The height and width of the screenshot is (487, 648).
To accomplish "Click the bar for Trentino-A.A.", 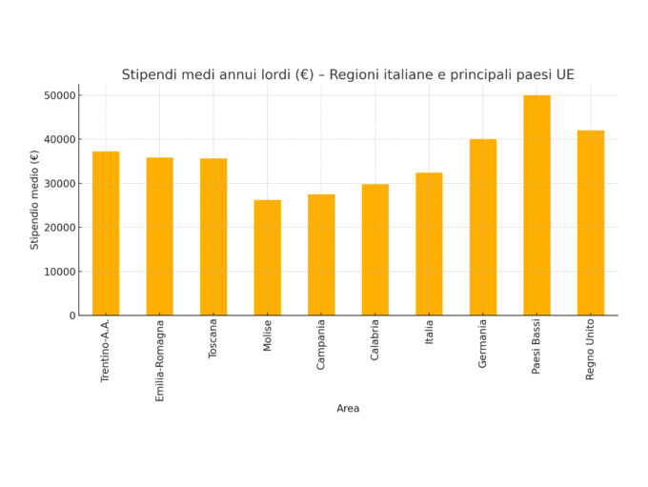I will click(106, 233).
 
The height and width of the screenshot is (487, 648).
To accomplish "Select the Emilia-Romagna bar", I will click(159, 236).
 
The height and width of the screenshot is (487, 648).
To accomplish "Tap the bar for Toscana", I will click(213, 237).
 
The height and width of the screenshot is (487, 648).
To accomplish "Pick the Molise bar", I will click(267, 257).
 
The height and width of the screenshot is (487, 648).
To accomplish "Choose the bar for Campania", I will click(321, 254).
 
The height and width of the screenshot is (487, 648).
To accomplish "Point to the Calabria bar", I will click(375, 250).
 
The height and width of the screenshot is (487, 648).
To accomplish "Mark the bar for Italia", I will click(429, 244).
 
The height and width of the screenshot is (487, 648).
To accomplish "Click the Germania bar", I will click(482, 227).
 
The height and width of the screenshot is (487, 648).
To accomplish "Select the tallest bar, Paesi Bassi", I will click(537, 205).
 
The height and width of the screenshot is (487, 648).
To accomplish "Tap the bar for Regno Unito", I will click(590, 223).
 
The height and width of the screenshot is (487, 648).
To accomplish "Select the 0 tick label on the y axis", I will click(71, 315).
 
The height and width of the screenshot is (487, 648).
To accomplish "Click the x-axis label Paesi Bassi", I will click(537, 347).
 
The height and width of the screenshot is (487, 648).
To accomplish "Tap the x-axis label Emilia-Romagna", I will click(159, 360).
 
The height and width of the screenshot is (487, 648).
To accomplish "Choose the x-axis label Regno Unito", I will click(590, 350).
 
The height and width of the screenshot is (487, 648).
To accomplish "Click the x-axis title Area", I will click(348, 409).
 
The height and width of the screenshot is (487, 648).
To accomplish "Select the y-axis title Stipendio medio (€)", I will click(35, 199).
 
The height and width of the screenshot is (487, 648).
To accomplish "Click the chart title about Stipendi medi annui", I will click(348, 74).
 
